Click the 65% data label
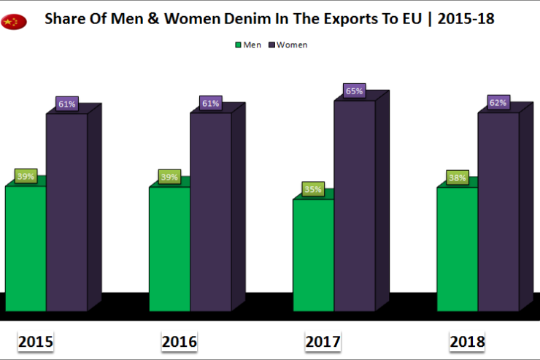pos(354,91)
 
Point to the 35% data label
pos(313,189)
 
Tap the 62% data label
pos(498,103)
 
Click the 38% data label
pos(457,177)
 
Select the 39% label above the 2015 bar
pos(26,176)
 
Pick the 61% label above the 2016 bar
pos(210,103)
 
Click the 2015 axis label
pos(36,342)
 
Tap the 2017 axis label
pos(323,342)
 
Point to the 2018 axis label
pos(467,342)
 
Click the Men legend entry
pos(248,45)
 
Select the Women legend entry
pos(288,45)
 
